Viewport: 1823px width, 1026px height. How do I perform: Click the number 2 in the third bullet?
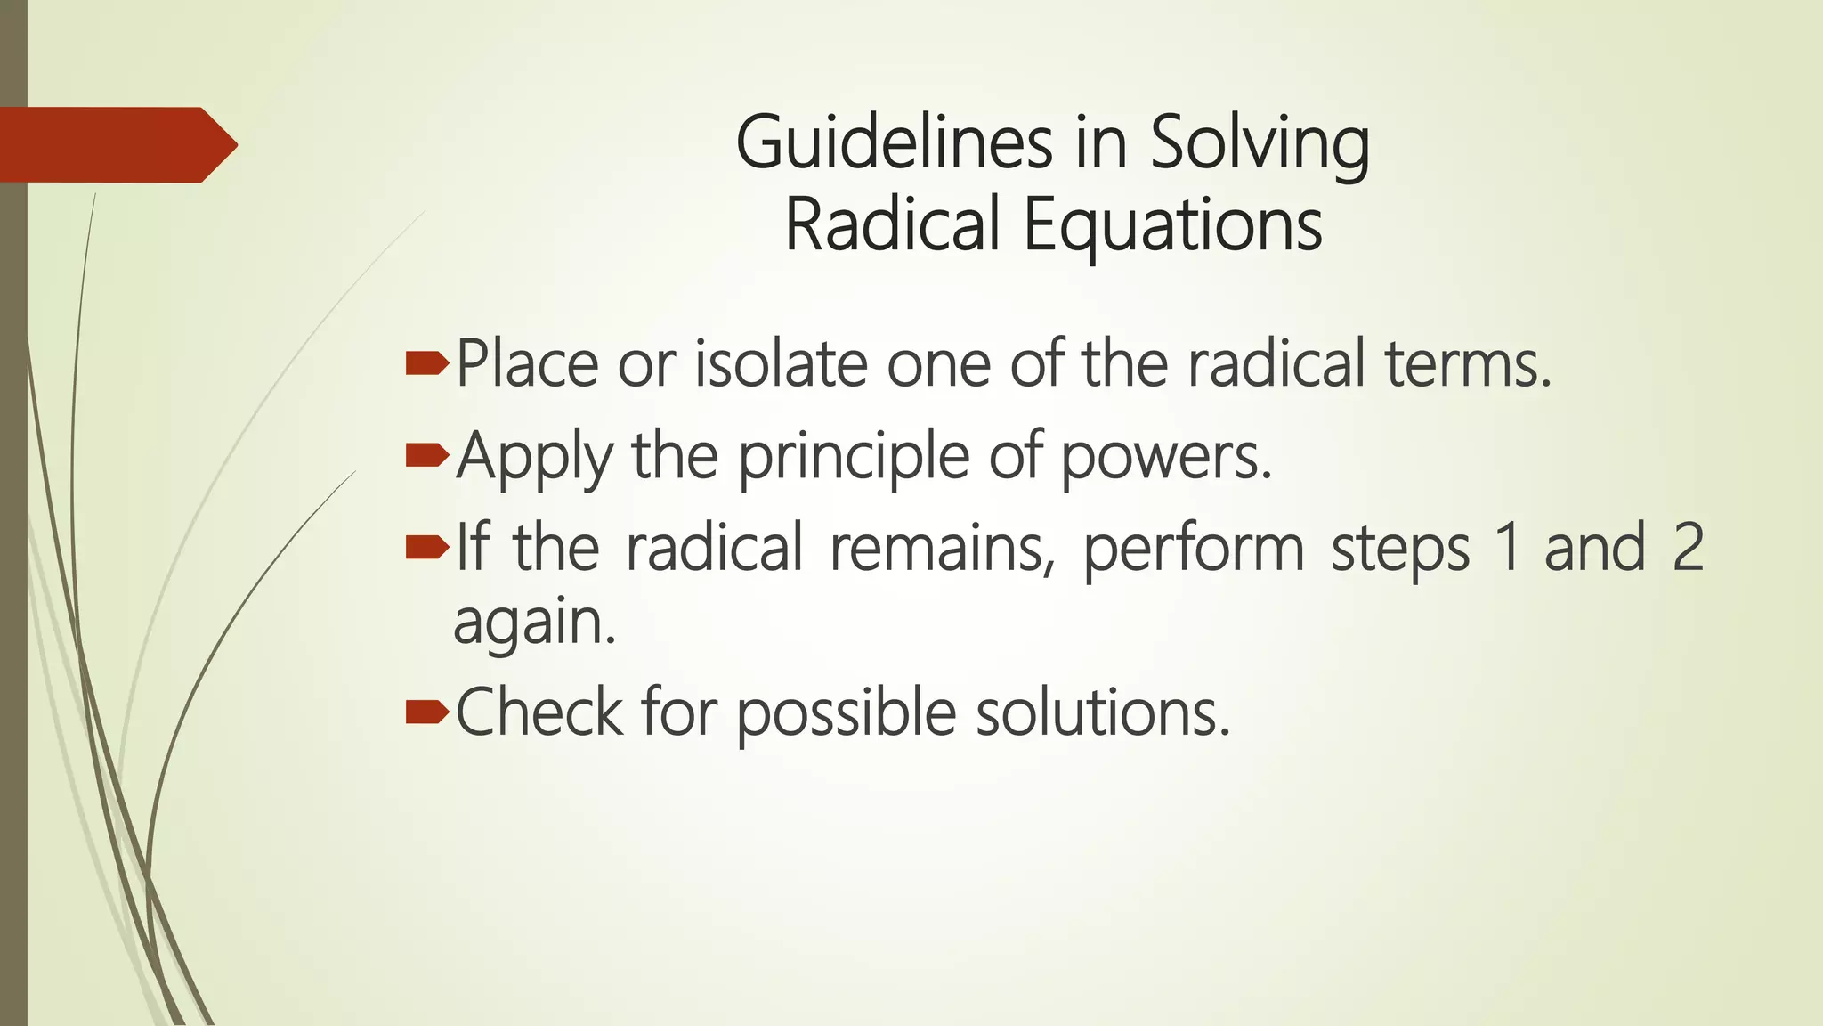coord(1688,547)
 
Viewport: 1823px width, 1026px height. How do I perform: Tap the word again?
coord(534,623)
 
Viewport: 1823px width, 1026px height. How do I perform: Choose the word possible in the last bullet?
coord(846,713)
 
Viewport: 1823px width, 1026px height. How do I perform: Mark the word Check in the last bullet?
coord(539,712)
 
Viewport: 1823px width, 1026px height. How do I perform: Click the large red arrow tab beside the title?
coord(116,144)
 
